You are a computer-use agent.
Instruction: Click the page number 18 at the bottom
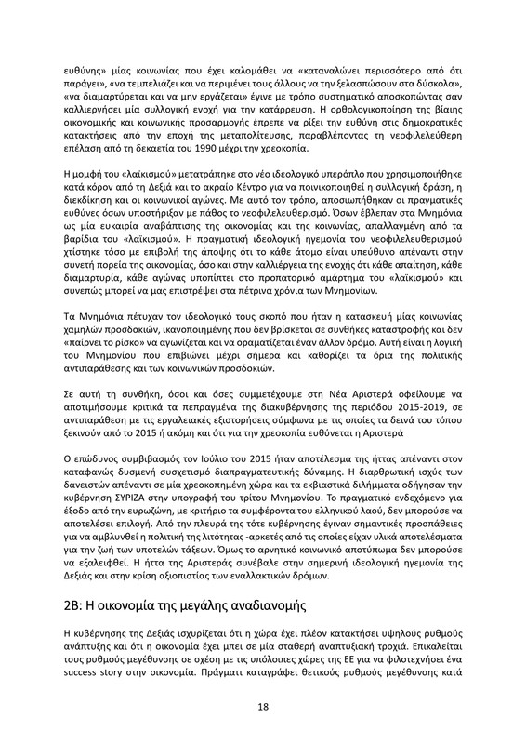point(263,707)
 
